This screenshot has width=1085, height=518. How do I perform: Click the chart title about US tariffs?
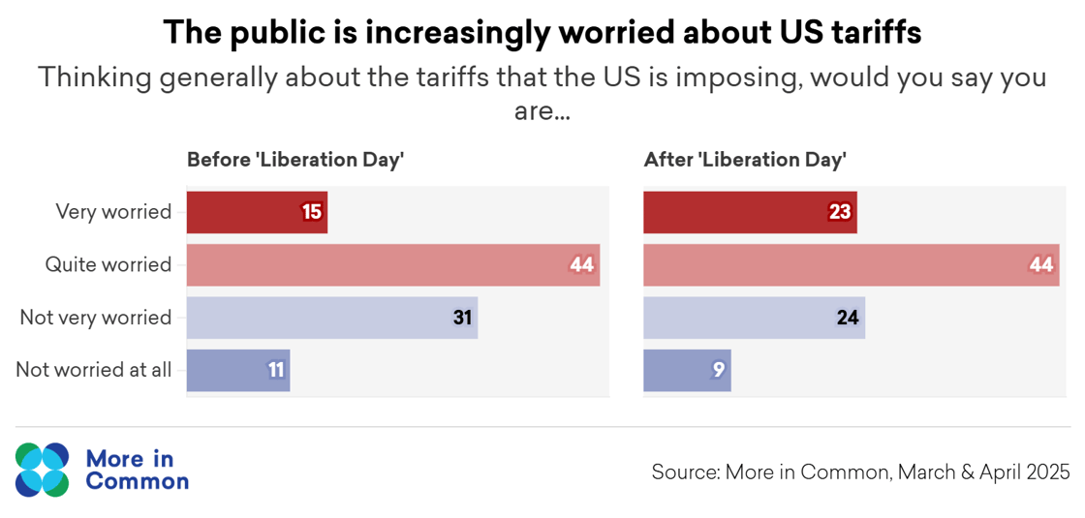[542, 33]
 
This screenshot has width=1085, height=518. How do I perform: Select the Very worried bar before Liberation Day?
[257, 212]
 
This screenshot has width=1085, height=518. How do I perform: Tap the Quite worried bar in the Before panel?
[392, 264]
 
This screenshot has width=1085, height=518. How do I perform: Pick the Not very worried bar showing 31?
[331, 318]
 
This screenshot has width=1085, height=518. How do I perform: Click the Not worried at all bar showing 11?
[237, 370]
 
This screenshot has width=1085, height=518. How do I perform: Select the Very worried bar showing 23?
[750, 212]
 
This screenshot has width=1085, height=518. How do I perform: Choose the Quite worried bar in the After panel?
[851, 264]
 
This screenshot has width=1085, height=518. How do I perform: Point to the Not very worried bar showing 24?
[754, 318]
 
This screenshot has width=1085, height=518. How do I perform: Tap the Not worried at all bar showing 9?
[687, 370]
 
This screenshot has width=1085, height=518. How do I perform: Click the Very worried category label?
[113, 212]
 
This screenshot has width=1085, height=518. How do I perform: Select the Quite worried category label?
[108, 264]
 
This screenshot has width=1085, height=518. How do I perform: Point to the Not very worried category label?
[96, 318]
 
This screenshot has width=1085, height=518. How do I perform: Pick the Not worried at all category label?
[94, 370]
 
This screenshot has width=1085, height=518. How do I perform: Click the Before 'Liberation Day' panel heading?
[294, 160]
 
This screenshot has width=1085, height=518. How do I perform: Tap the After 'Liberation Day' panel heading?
[745, 160]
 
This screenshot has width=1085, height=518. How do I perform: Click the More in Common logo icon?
[43, 470]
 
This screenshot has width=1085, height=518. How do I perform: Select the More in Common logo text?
[137, 470]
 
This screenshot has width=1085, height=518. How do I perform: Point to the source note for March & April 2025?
[860, 472]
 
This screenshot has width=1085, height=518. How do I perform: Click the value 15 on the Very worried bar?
[311, 212]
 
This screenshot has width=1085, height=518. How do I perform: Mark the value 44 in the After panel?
[1041, 264]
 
